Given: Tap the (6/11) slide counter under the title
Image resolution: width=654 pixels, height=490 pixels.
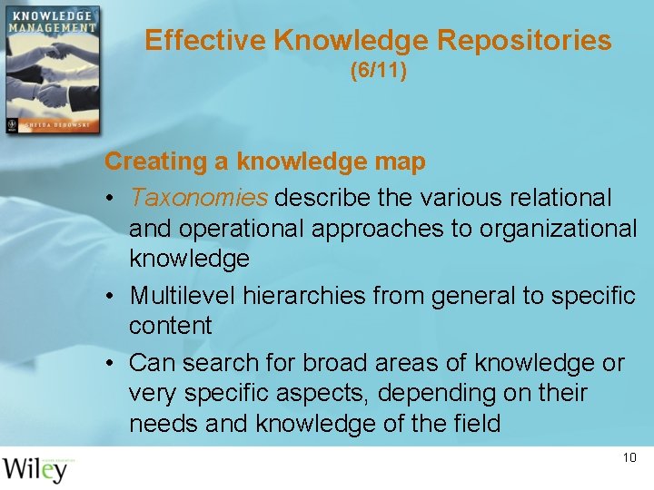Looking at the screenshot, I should (378, 70).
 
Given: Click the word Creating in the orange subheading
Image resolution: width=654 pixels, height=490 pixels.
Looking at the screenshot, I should (155, 162).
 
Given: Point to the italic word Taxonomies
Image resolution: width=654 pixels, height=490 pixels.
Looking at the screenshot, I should (199, 197).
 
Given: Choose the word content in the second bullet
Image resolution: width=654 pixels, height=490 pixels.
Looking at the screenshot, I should (170, 326).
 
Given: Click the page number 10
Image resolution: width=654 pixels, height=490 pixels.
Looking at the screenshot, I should (629, 457).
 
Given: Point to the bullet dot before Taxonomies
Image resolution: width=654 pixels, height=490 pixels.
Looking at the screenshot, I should (109, 198).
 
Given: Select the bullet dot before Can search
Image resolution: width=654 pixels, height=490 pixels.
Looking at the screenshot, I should (109, 364).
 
